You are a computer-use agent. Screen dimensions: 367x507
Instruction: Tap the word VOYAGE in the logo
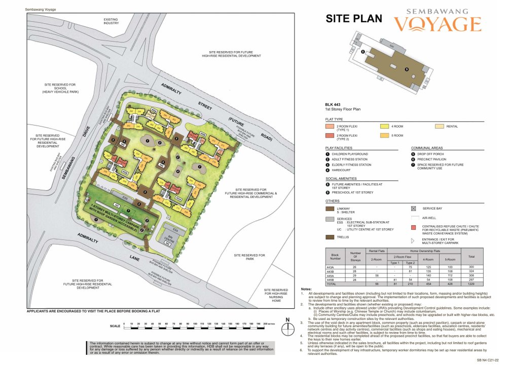tap(438, 24)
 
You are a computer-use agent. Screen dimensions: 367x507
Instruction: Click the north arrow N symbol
tap(287, 320)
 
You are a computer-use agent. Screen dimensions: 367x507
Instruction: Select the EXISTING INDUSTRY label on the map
tap(111, 21)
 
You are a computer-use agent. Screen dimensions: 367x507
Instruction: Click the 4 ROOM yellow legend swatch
tap(384, 126)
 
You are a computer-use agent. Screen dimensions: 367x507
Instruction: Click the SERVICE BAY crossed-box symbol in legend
tap(414, 208)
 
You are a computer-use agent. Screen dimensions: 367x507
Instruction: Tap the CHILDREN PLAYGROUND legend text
tap(350, 154)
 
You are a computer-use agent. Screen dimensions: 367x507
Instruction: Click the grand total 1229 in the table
tap(471, 284)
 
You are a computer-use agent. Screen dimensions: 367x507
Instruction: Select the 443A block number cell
tap(331, 267)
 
